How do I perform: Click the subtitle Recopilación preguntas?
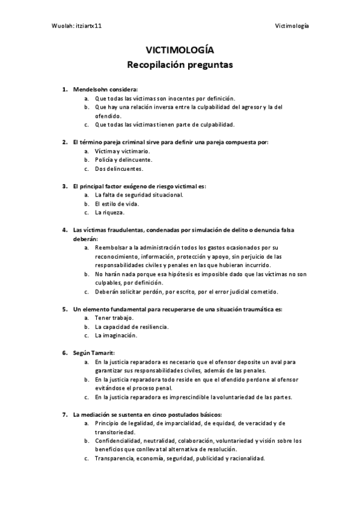[180, 63]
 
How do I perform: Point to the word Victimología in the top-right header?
[291, 26]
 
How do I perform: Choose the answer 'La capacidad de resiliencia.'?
[132, 327]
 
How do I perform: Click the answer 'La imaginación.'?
[116, 336]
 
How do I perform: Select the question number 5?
[64, 309]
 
